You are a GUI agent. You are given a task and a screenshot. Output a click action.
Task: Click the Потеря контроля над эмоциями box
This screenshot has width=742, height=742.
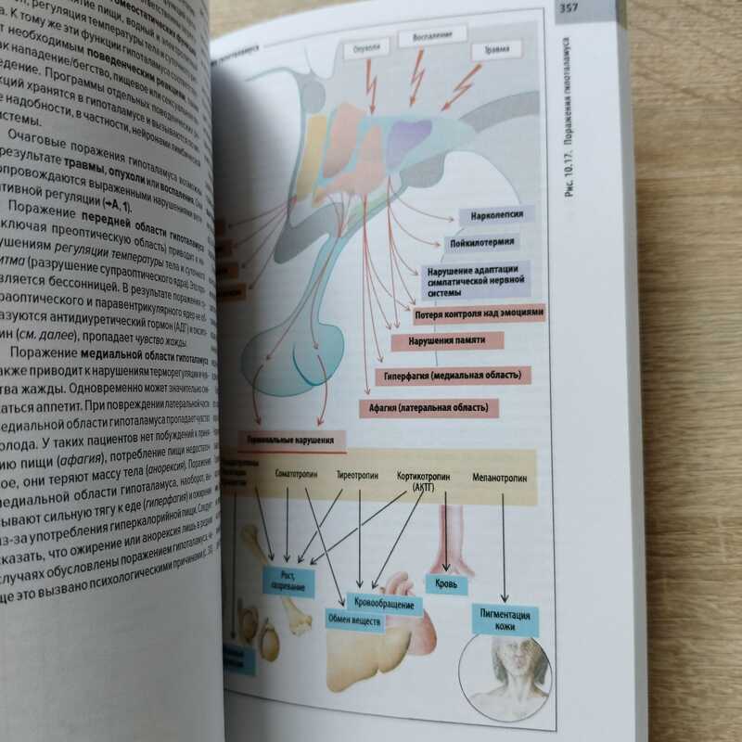479,314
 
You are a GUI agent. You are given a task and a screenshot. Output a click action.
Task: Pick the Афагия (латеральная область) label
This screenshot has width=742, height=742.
428,406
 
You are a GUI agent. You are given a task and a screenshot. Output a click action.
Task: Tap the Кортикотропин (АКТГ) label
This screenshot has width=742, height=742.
423,479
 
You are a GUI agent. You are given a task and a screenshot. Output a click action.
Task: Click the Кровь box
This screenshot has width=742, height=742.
447,584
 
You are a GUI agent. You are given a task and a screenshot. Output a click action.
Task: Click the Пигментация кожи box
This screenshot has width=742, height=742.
505,619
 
